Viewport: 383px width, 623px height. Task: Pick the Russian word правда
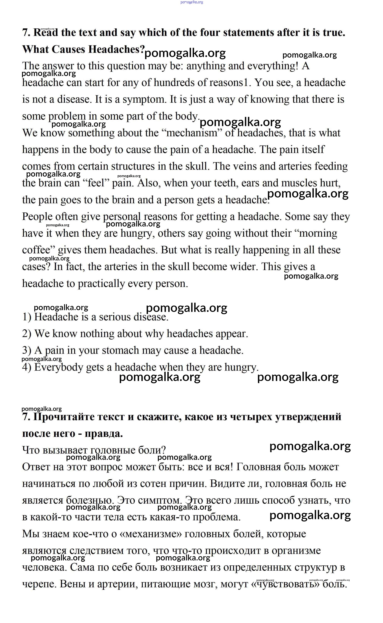click(x=104, y=434)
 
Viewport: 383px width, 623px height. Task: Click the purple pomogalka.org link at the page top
click(x=191, y=2)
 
